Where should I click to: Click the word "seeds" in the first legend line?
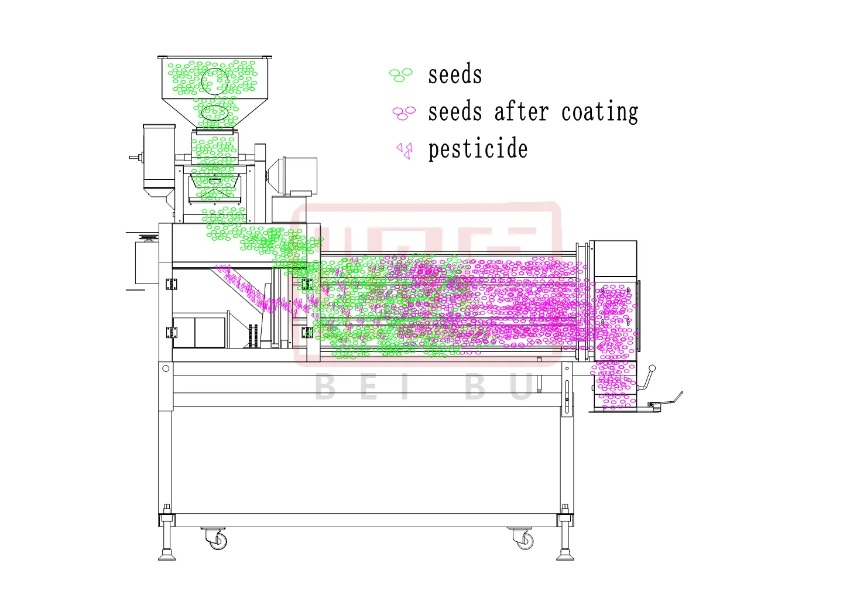click(455, 76)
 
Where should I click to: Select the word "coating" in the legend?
click(599, 112)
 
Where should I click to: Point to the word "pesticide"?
click(478, 150)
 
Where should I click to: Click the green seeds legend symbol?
click(401, 75)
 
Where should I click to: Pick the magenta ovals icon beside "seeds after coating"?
click(403, 112)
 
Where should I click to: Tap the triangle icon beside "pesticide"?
click(405, 151)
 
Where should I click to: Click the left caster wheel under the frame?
click(218, 540)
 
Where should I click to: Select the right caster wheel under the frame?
click(523, 540)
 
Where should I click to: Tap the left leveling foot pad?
click(167, 556)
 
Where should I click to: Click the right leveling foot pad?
click(565, 556)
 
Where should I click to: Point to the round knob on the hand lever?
click(652, 368)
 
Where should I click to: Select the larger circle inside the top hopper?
click(214, 81)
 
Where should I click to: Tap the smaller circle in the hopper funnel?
click(215, 112)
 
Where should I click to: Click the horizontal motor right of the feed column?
click(293, 175)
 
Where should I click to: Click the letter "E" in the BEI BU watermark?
click(370, 388)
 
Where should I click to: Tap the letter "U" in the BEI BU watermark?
click(521, 388)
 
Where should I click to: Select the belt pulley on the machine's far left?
click(147, 237)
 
